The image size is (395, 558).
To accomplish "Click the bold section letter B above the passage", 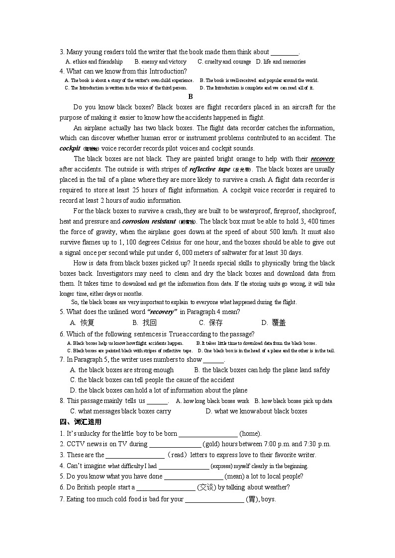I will click(191, 97).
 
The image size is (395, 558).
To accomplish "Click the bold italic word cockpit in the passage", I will click(70, 149).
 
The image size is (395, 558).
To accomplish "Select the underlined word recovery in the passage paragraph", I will click(322, 159).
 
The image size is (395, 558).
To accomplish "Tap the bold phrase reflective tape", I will click(210, 169).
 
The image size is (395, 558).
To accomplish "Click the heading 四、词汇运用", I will click(80, 422).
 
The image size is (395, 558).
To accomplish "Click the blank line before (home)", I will click(208, 434).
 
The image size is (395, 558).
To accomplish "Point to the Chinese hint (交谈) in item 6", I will click(206, 487).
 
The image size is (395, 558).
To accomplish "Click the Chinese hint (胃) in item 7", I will click(252, 499).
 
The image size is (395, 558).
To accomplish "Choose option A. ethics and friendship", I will click(94, 62).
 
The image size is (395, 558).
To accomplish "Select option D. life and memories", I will click(281, 62).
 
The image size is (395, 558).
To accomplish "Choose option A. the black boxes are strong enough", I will click(122, 370).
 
